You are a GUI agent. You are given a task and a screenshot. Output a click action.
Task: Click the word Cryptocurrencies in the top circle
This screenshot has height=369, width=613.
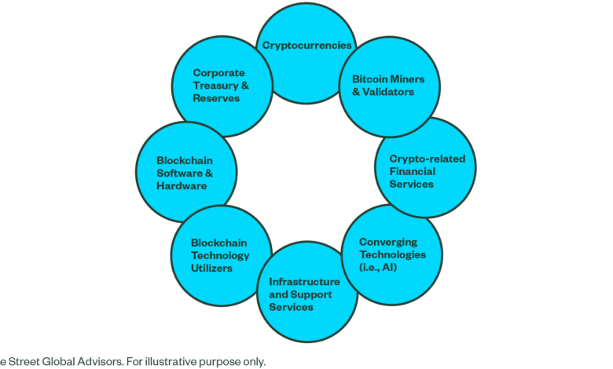[306, 46]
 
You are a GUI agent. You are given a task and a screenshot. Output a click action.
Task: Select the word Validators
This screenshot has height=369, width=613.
[387, 92]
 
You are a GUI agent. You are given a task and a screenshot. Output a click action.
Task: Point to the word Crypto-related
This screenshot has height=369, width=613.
[428, 159]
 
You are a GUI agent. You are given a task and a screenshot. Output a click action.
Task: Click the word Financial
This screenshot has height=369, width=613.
[413, 171]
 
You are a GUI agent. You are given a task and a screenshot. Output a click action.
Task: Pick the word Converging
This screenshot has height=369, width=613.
[388, 243]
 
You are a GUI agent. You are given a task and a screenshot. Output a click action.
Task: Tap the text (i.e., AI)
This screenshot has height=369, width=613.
[378, 268]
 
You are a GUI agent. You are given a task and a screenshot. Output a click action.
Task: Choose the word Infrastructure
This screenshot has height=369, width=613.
[305, 282]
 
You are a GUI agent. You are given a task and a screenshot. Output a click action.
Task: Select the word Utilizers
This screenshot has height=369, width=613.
[211, 269]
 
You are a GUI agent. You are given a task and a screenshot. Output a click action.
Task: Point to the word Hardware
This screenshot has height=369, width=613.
[182, 186]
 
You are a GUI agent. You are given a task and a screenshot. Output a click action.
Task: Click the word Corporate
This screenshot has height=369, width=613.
[219, 74]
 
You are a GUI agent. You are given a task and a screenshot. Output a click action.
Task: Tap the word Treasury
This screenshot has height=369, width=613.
[216, 86]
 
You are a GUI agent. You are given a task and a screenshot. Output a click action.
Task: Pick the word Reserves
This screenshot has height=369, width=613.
[216, 98]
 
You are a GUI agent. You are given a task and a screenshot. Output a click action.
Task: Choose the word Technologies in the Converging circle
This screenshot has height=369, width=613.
[392, 255]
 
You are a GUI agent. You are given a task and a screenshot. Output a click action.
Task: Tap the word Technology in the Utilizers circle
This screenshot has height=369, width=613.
[220, 256]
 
